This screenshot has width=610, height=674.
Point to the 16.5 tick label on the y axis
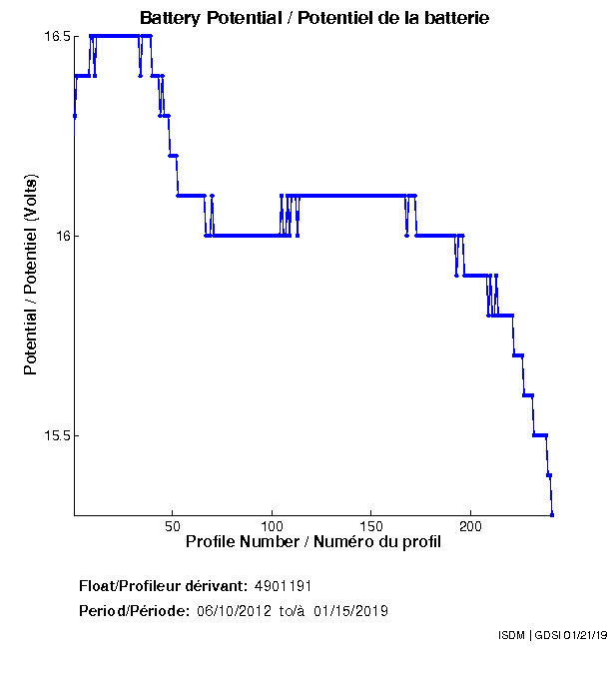(x=56, y=37)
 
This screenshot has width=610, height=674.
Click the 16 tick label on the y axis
(x=62, y=237)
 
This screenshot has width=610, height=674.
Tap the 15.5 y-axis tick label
(x=56, y=436)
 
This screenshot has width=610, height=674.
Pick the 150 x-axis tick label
(x=371, y=525)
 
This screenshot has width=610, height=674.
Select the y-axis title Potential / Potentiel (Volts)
(x=31, y=277)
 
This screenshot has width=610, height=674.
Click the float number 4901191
(x=291, y=585)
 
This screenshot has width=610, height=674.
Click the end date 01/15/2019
(x=350, y=610)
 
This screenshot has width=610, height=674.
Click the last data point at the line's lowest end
(x=552, y=514)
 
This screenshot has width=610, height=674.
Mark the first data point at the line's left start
(x=75, y=116)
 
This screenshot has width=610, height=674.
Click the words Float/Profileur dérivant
(x=164, y=585)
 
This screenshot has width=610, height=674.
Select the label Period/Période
(x=134, y=610)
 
